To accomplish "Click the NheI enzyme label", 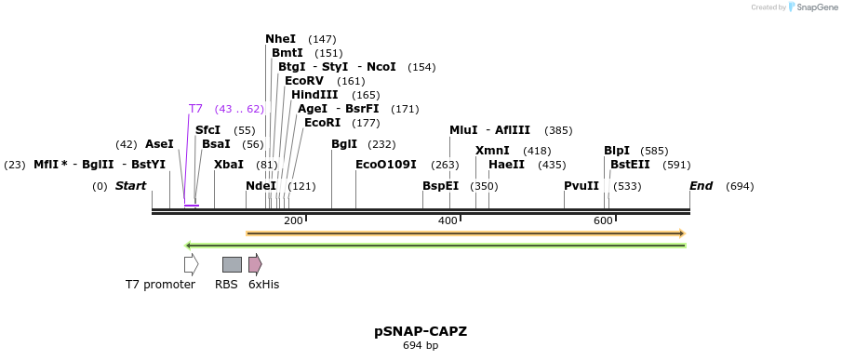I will (x=280, y=39).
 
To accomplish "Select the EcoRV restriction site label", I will (x=303, y=81).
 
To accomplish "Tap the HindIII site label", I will (x=314, y=95).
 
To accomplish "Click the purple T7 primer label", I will (x=195, y=109).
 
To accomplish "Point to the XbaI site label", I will (x=229, y=165).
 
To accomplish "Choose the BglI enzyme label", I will (x=344, y=144).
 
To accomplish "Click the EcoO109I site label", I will (x=386, y=165).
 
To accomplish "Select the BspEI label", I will (x=441, y=186).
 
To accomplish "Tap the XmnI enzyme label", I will (x=492, y=151).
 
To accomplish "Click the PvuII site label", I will (x=581, y=186).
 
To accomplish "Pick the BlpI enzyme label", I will (x=617, y=151).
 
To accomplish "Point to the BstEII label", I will (x=630, y=165).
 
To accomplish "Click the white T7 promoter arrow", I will (x=191, y=264).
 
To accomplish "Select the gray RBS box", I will (x=232, y=264).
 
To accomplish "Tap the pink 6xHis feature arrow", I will (x=255, y=264).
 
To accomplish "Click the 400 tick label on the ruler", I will (x=448, y=220).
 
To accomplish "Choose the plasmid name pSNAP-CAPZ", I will (x=421, y=331).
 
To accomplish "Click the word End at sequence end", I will (x=701, y=186).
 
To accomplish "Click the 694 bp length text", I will (x=421, y=346).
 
